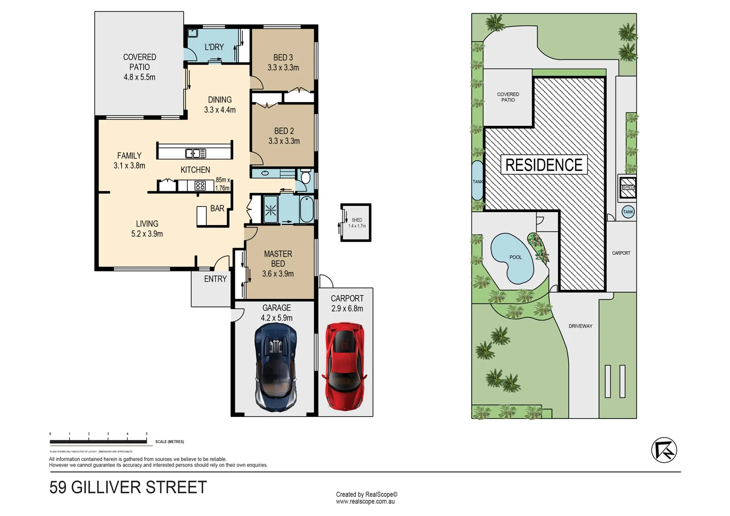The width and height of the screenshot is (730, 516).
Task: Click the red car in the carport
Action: point(345,366)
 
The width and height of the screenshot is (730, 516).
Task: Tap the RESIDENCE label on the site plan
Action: point(544,165)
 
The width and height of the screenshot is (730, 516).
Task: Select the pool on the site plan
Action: point(512,258)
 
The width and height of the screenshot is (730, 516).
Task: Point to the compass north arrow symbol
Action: point(664,450)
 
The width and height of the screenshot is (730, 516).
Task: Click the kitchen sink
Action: point(196,153)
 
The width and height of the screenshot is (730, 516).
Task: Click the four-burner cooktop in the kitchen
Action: point(200,185)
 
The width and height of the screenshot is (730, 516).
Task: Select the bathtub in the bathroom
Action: point(306,209)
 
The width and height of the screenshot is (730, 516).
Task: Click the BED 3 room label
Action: point(283,58)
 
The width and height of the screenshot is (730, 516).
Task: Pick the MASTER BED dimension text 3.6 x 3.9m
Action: point(278,274)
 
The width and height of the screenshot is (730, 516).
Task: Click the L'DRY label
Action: point(214,47)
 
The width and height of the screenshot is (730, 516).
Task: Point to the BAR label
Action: point(217,208)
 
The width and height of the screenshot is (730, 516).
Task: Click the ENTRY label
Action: point(215,279)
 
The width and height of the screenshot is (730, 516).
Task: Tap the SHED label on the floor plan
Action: point(357,220)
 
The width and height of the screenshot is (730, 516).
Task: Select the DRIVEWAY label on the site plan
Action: point(580,326)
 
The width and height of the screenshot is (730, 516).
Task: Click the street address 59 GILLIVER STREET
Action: point(128,488)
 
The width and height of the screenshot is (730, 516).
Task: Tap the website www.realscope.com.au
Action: point(365,502)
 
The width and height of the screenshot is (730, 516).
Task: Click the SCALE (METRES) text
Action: point(170,442)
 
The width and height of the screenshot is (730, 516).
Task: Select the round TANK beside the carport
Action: point(628,212)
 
